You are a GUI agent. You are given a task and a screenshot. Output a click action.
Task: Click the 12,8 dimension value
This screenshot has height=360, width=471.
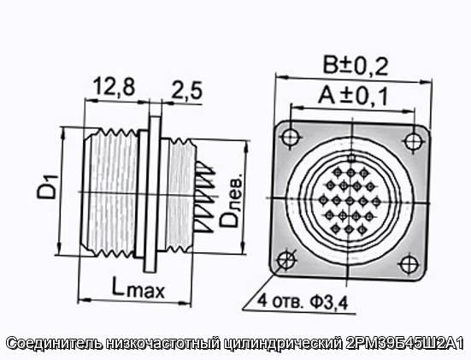(x=115, y=86)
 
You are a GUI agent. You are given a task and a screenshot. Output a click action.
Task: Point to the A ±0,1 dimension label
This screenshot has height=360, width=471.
(x=353, y=96)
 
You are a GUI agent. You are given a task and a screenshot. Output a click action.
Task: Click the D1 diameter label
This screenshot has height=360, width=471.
(x=47, y=187)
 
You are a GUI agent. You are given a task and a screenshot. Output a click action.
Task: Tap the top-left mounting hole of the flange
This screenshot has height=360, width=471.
(x=290, y=137)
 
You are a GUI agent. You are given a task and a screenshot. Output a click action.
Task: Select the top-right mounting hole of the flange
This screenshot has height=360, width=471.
(x=412, y=140)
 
